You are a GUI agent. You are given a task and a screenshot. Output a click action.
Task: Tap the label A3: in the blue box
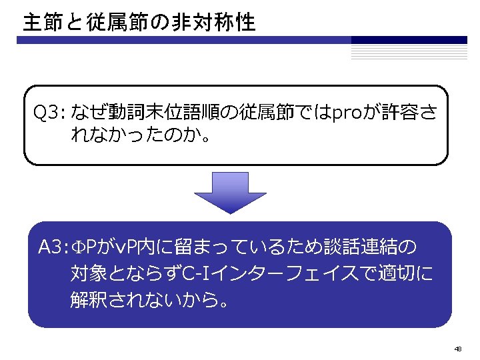(53, 248)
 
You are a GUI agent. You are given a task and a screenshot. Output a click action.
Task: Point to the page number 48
(457, 349)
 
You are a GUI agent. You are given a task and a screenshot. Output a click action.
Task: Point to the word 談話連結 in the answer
(358, 248)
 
